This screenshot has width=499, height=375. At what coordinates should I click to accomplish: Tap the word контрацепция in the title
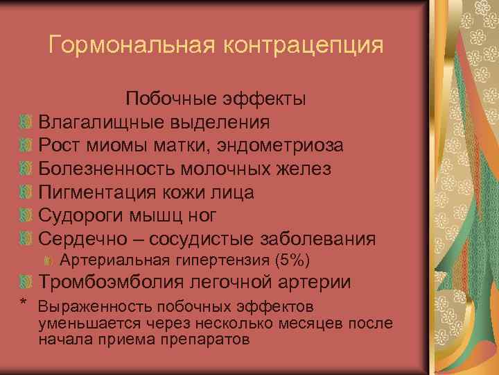click(x=303, y=46)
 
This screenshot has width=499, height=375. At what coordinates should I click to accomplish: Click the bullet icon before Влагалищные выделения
click(x=26, y=123)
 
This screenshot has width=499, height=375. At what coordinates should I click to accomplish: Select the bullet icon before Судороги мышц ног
click(x=26, y=216)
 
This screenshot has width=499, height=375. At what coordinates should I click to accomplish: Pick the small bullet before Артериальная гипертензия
click(x=49, y=261)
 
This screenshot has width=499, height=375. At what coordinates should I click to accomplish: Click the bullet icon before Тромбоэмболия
click(x=26, y=283)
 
